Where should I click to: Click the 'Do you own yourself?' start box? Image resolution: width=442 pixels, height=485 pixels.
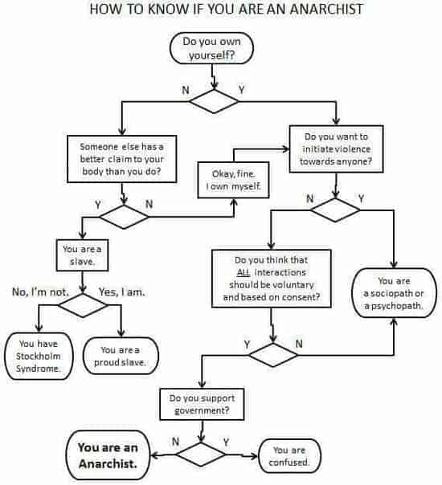[x=211, y=48]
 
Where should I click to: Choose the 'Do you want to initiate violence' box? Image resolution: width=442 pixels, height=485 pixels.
[x=335, y=148]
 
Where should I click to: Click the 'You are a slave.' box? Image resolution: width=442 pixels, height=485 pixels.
[x=81, y=255]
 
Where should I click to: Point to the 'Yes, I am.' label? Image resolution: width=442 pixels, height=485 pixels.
[x=121, y=292]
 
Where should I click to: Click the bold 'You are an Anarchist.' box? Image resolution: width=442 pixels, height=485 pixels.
[x=108, y=455]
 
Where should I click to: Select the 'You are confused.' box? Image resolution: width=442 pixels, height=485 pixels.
[x=289, y=455]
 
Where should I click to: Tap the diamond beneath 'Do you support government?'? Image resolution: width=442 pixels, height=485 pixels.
[x=201, y=454]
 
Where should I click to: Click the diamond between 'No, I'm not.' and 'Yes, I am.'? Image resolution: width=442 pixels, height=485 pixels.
[x=81, y=304]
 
